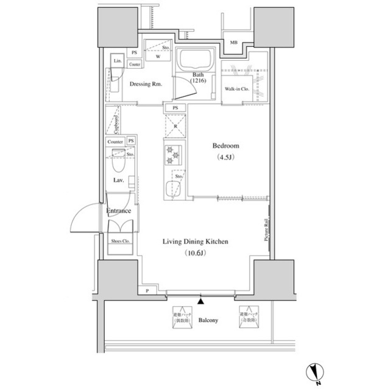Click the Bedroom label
(x=225, y=146)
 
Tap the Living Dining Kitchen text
(x=195, y=242)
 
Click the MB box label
(x=234, y=43)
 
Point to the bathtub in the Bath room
(x=194, y=61)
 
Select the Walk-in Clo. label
(x=236, y=89)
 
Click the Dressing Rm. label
(x=145, y=84)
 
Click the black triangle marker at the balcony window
(x=201, y=300)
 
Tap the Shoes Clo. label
(x=119, y=241)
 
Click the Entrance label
(x=118, y=211)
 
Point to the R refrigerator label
(x=175, y=127)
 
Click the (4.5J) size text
(x=225, y=158)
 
